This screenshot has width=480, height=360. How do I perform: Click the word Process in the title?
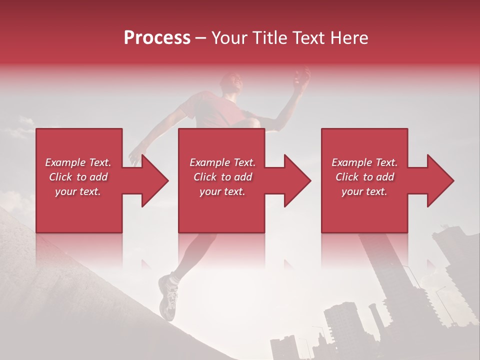157,38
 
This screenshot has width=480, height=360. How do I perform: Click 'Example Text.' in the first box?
78,162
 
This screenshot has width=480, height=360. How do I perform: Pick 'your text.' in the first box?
78,191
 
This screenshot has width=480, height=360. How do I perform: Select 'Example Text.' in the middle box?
222,162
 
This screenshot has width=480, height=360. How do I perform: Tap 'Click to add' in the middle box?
222,177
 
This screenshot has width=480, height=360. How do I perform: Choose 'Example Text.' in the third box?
364,162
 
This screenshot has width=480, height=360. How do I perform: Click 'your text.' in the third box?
364,191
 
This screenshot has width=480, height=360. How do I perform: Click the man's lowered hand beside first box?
134,156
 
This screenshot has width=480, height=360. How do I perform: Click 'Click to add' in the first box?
78,177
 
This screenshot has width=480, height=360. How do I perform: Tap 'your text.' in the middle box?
222,191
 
